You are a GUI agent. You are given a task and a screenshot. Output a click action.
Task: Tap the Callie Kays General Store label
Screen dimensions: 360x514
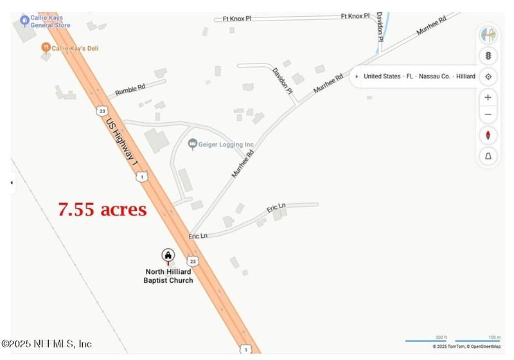click(50, 21)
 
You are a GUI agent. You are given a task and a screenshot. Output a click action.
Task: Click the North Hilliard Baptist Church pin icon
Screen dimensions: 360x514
click(168, 256)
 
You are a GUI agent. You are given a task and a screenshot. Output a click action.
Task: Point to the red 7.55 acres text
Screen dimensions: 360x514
click(102, 210)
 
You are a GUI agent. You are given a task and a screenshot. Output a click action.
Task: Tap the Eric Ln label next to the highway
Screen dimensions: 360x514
click(198, 237)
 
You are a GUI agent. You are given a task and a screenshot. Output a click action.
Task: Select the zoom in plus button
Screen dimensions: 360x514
click(488, 97)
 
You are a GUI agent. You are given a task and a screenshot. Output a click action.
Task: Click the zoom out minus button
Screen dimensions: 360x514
click(488, 115)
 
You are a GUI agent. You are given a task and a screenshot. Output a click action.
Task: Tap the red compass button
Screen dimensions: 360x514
click(488, 136)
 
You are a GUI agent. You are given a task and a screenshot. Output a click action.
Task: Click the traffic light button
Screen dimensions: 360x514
click(488, 55)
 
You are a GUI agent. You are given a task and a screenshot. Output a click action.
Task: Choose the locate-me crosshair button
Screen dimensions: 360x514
click(488, 76)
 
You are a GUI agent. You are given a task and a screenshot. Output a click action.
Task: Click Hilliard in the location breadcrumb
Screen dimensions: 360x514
click(465, 76)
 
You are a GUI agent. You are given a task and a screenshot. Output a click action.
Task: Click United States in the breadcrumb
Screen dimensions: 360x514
click(382, 76)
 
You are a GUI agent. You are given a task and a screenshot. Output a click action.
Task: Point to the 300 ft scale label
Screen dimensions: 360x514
click(441, 337)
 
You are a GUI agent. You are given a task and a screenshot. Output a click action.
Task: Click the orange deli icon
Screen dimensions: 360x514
click(46, 47)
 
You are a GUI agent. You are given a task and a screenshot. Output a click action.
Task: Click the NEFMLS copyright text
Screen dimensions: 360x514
click(46, 344)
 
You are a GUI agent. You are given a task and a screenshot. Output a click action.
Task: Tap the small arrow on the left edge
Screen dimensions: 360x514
click(11, 183)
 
